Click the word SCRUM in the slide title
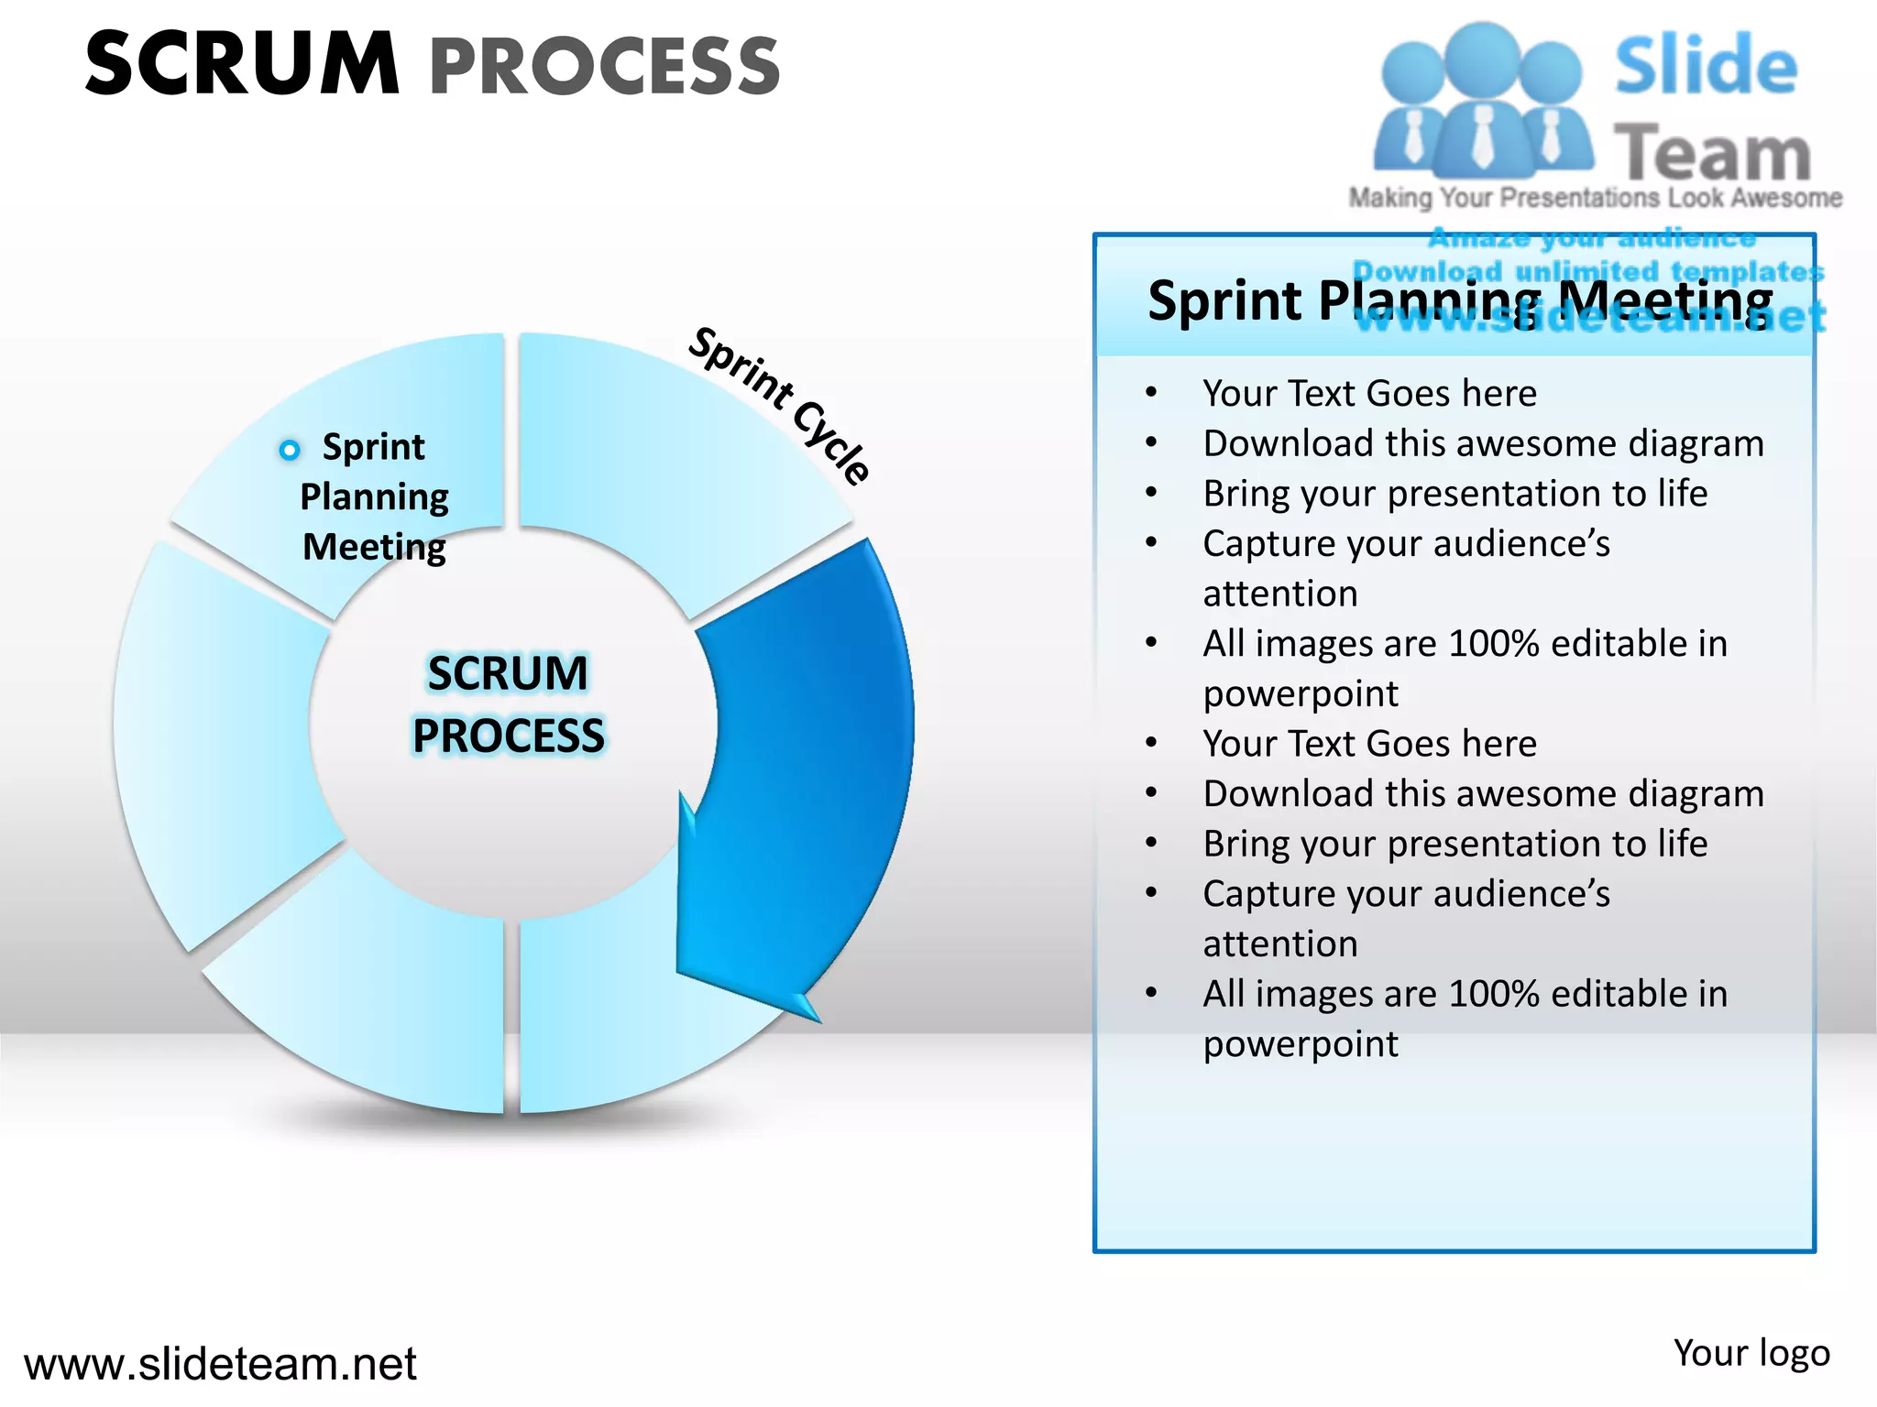pyautogui.click(x=242, y=64)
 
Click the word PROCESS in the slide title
pyautogui.click(x=605, y=66)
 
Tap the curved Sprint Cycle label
pyautogui.click(x=780, y=404)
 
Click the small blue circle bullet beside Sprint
pyautogui.click(x=290, y=450)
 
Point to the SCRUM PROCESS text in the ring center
pyautogui.click(x=509, y=704)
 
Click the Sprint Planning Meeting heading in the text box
pyautogui.click(x=1460, y=300)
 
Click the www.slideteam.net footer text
pyautogui.click(x=220, y=1364)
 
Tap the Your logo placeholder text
pyautogui.click(x=1751, y=1353)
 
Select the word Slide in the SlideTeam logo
pyautogui.click(x=1705, y=66)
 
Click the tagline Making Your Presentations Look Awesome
pyautogui.click(x=1595, y=198)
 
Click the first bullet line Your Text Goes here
pyautogui.click(x=1369, y=394)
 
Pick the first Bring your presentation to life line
pyautogui.click(x=1455, y=494)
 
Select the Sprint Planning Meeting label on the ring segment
pyautogui.click(x=374, y=496)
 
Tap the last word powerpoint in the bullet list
pyautogui.click(x=1301, y=1044)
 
